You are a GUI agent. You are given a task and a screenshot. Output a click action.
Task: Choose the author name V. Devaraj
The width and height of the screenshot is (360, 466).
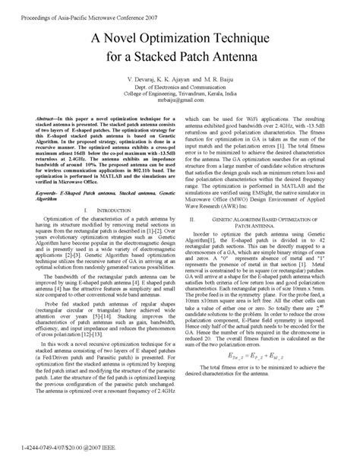(150, 78)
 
